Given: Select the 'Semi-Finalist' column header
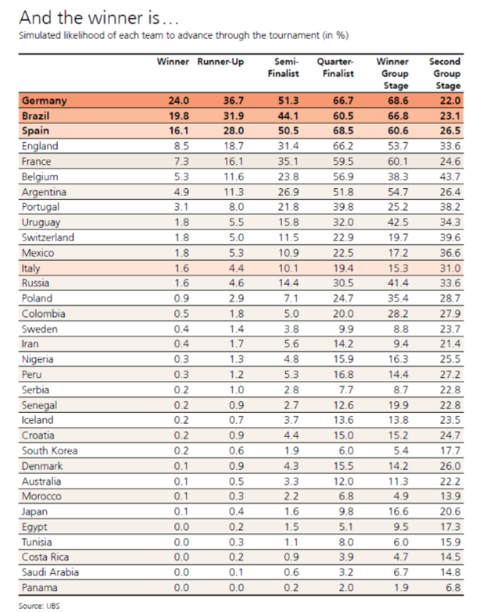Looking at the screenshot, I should coord(285,67).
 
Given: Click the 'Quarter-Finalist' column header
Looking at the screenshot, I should coord(335,67).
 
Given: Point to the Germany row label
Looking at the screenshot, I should coord(45,101).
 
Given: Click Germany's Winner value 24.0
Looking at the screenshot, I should coord(179,101).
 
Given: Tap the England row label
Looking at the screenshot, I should coord(41,146).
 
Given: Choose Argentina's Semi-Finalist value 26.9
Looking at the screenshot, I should coord(288,191).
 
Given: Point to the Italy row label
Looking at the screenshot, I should coord(32,268).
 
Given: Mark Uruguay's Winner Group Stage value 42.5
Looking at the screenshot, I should coord(396,222).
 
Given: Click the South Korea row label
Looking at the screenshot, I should coord(49,450).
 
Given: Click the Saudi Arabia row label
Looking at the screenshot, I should coord(50,572).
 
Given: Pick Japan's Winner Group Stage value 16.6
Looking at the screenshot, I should coord(396,511).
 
